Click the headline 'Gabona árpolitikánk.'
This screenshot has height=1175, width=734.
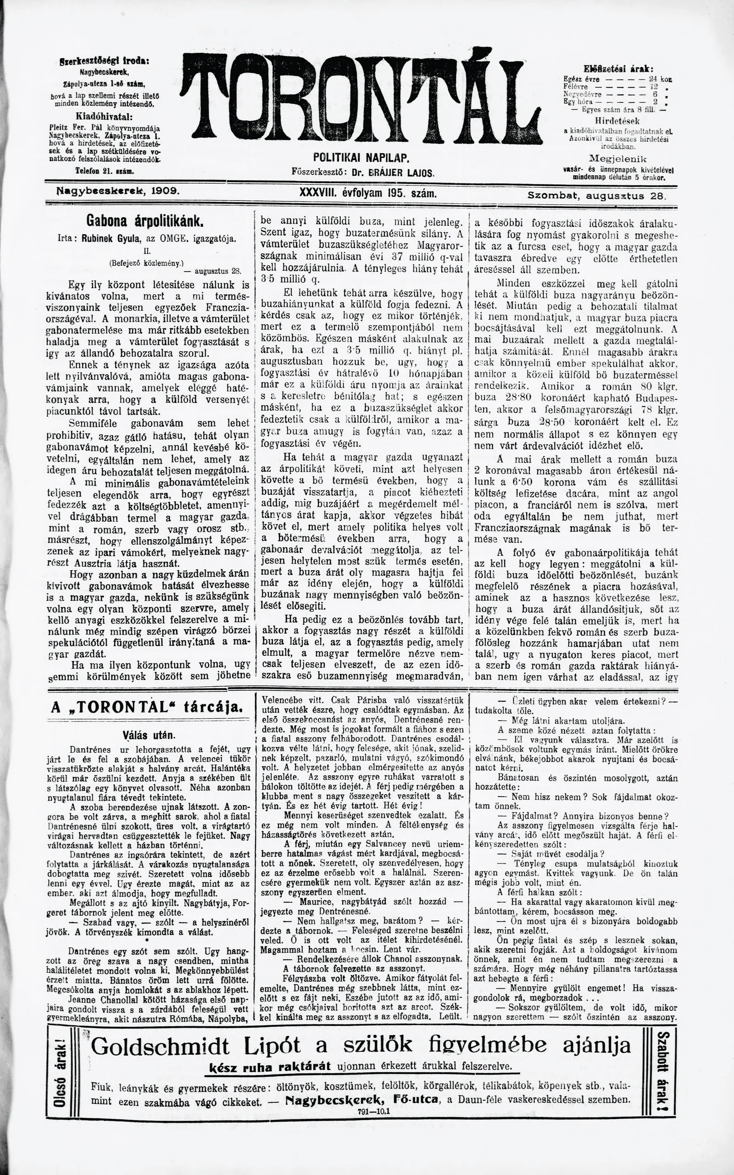click(145, 221)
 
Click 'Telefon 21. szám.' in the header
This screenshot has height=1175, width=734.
click(105, 171)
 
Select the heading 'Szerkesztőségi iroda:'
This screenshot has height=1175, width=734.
click(103, 61)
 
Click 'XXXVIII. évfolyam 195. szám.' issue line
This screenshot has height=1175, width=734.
click(369, 193)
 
